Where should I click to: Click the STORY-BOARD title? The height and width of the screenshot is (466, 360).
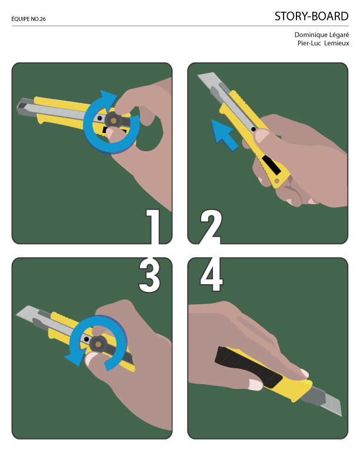[311, 16]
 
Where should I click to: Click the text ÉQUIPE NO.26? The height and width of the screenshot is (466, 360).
[28, 19]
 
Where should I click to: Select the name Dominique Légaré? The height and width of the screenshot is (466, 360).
[322, 35]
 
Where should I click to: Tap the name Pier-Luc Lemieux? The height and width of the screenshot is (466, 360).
[323, 43]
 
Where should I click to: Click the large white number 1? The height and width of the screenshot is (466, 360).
[154, 227]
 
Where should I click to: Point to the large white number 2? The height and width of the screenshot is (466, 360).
[211, 227]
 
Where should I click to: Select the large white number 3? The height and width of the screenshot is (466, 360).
[149, 275]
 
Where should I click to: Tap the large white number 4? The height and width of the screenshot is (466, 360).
[212, 274]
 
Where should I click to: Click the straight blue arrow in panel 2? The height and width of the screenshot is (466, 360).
[224, 135]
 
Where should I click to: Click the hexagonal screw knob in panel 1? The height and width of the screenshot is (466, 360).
[113, 120]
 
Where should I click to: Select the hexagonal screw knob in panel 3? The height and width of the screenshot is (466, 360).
[97, 344]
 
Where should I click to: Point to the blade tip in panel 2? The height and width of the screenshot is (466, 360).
[198, 75]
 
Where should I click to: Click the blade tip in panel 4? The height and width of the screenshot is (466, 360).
[341, 415]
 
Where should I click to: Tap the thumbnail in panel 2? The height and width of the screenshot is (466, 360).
[262, 135]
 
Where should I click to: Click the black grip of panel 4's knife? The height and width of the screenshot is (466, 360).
[248, 368]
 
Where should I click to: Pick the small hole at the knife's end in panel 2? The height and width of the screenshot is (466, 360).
[277, 181]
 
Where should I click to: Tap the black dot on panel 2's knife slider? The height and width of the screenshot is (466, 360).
[253, 129]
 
